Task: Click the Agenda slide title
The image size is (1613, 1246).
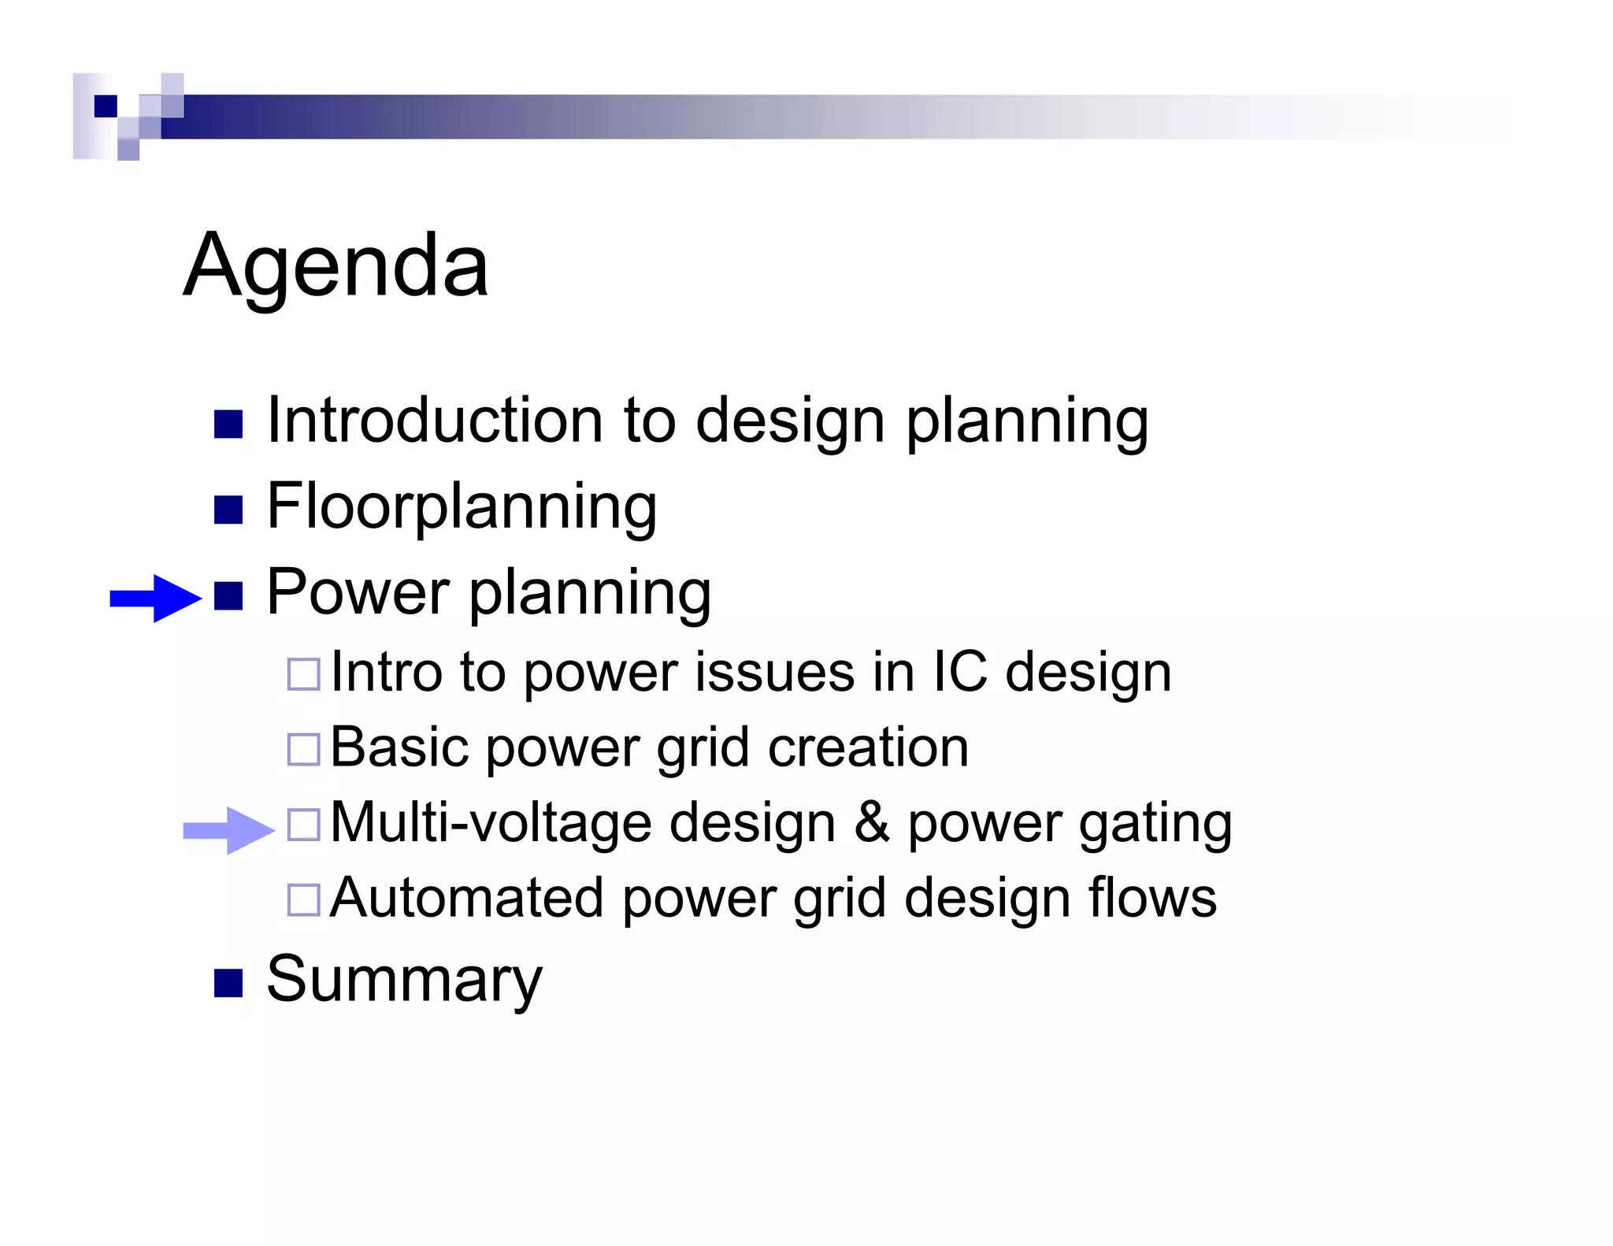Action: [x=336, y=266]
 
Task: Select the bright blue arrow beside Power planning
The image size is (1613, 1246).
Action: [x=155, y=599]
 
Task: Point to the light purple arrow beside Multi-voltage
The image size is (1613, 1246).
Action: [x=228, y=830]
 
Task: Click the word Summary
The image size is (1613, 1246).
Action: [x=404, y=979]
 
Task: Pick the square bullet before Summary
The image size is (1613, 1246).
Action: [x=228, y=983]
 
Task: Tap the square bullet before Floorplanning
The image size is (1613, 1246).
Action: [x=228, y=510]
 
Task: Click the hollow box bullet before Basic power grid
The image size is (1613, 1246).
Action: [x=304, y=749]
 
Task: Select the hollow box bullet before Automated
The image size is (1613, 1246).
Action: [x=304, y=899]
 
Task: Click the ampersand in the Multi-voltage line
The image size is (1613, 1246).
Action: [x=872, y=822]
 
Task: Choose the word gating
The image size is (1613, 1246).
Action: [x=1155, y=824]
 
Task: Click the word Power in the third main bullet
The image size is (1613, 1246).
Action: [x=358, y=592]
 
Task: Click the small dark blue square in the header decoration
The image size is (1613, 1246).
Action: [x=106, y=106]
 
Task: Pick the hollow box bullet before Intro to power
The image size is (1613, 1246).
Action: [x=304, y=674]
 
